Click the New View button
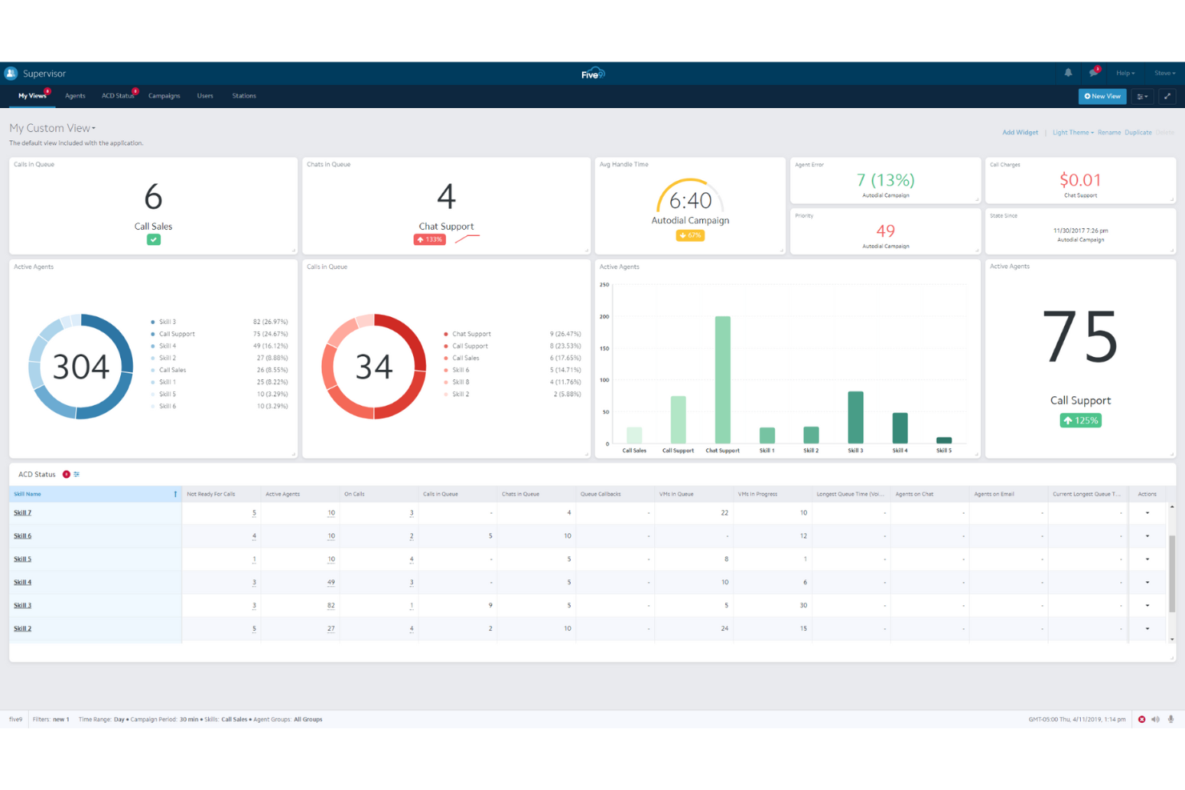pos(1102,96)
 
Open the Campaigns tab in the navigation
pos(164,96)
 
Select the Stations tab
pos(244,96)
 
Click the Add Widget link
pos(1020,133)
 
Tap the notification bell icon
pos(1068,73)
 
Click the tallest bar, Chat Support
pos(722,379)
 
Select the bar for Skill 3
pos(855,417)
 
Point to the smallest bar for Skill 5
pos(944,440)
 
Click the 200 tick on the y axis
pos(605,317)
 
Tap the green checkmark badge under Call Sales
pos(154,239)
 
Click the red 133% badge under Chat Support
pos(430,239)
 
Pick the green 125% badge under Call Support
pos(1080,421)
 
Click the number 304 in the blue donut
pos(81,367)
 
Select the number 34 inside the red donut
pos(374,367)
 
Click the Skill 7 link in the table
pos(22,513)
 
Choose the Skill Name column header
pos(27,494)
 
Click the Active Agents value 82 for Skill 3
pos(331,606)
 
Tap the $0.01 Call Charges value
pos(1080,180)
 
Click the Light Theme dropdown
pos(1072,133)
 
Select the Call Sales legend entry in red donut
pos(465,358)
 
